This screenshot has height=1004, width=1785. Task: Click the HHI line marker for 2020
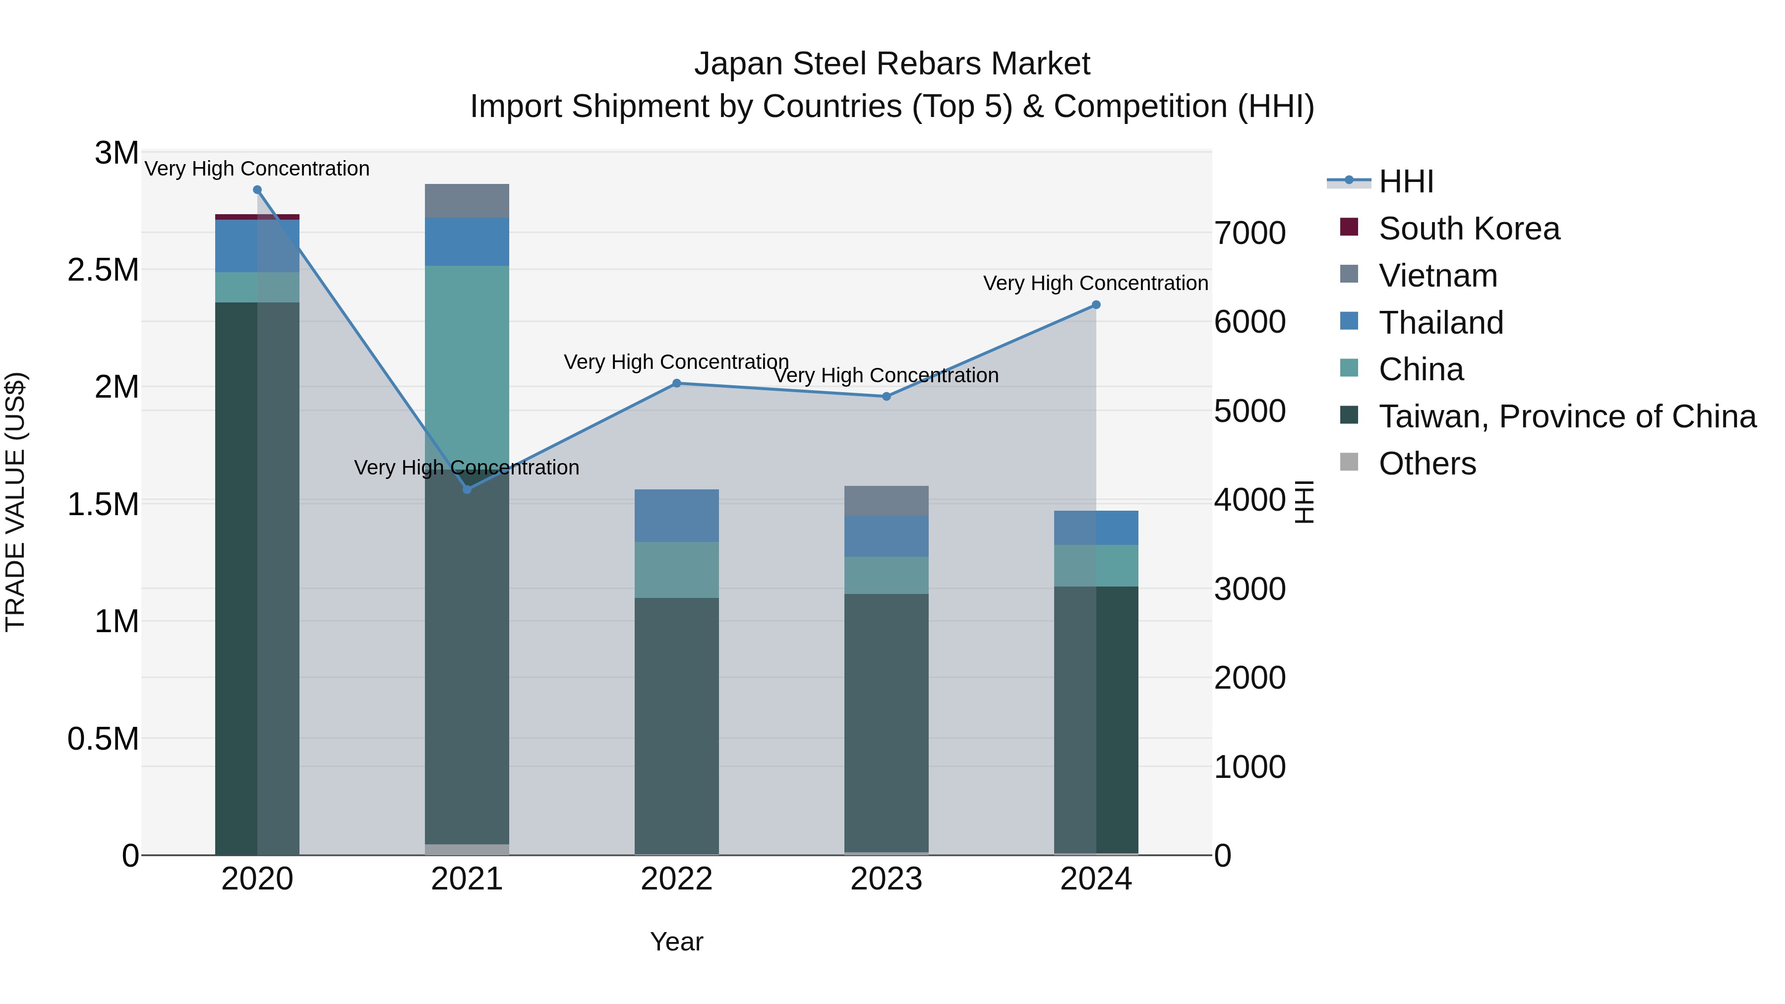(x=257, y=190)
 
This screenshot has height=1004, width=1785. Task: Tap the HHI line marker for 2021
(x=467, y=490)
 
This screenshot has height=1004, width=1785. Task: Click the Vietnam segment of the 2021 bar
(x=467, y=201)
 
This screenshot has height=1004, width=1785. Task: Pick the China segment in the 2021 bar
(x=467, y=347)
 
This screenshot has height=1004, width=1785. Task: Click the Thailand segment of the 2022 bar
(x=677, y=516)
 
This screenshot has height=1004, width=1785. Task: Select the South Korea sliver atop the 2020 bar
(x=257, y=217)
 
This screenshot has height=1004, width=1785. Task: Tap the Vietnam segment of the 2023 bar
(x=886, y=500)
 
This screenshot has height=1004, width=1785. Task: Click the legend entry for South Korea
(x=1469, y=229)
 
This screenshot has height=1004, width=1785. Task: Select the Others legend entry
(x=1428, y=464)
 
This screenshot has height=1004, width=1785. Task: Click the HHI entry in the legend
(x=1406, y=181)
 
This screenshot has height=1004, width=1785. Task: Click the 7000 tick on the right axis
(x=1250, y=233)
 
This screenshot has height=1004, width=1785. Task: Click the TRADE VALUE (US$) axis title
(x=15, y=502)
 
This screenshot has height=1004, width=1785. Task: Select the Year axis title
(x=676, y=942)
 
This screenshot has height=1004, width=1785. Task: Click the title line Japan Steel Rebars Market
(x=892, y=64)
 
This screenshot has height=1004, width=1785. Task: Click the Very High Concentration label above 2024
(x=1095, y=284)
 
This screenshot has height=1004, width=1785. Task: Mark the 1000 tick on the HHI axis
(x=1250, y=767)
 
